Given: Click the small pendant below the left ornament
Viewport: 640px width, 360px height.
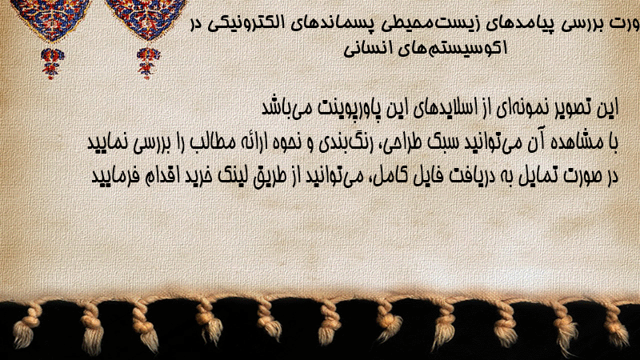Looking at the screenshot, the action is tap(52, 63).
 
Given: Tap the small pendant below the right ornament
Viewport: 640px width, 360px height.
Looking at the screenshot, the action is tap(148, 63).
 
